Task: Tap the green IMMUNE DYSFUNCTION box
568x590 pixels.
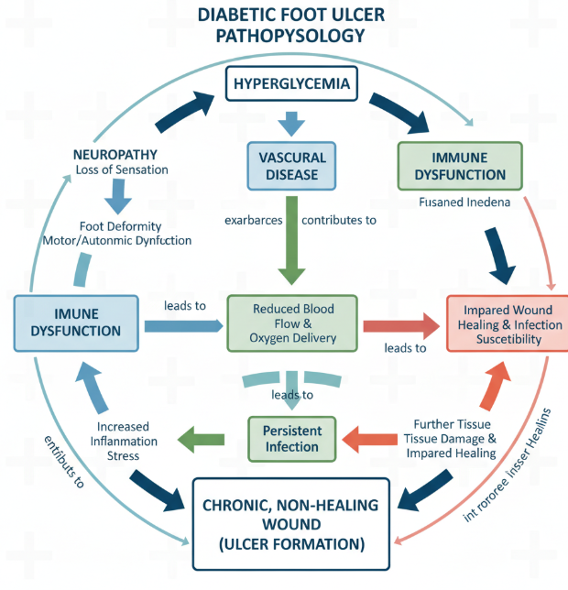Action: [x=459, y=166]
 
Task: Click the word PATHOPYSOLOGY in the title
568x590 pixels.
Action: [x=292, y=37]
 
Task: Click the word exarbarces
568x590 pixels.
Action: [x=255, y=220]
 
